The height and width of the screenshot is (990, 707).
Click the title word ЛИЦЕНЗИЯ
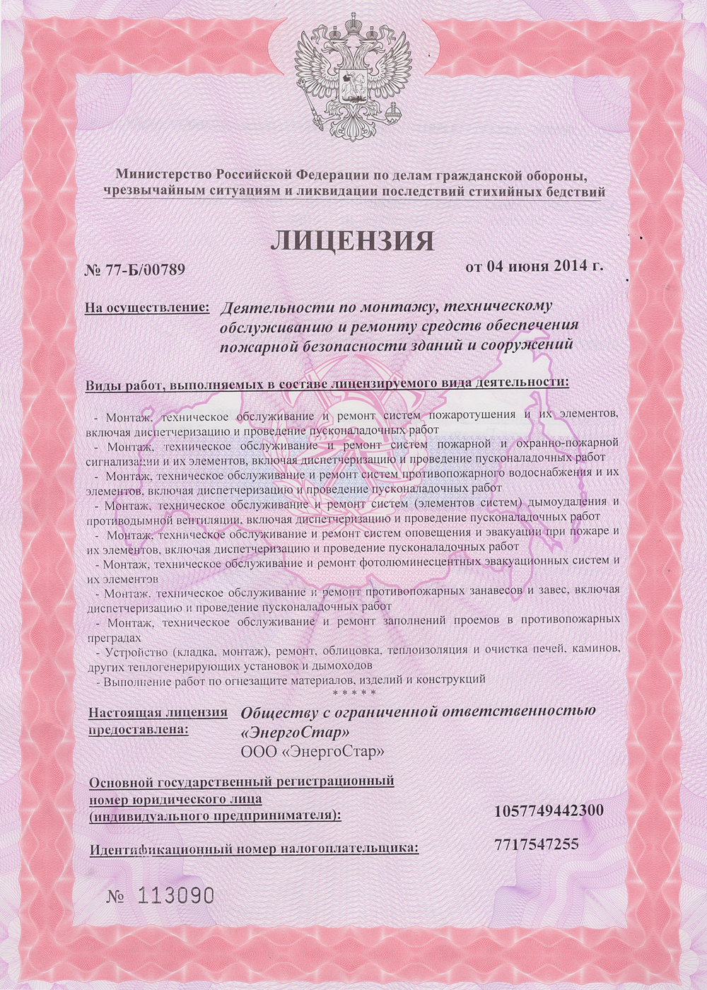(x=352, y=241)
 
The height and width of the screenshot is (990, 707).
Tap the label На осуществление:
(x=147, y=308)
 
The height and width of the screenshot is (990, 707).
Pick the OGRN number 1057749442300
(x=549, y=810)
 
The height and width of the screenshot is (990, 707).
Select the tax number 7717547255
(x=537, y=844)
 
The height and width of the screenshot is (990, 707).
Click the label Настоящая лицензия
(x=158, y=712)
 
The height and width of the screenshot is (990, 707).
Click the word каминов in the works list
(x=598, y=648)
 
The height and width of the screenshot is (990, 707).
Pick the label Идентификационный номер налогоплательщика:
(x=254, y=847)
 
